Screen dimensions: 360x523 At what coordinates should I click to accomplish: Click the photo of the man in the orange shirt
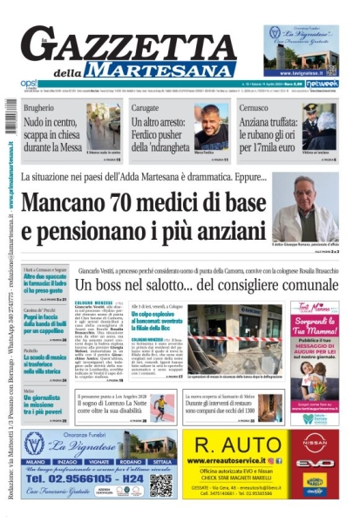[212, 130]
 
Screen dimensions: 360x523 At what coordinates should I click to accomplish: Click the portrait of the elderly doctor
[305, 209]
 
